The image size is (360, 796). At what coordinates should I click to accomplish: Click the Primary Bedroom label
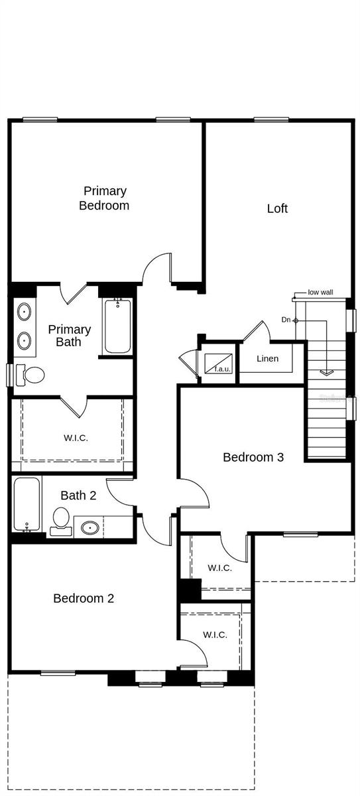click(104, 198)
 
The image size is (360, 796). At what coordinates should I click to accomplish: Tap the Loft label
click(277, 208)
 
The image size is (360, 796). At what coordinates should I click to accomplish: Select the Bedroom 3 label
click(253, 457)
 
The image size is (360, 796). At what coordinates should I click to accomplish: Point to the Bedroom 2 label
click(84, 598)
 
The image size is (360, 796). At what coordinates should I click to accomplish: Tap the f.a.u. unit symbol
click(218, 363)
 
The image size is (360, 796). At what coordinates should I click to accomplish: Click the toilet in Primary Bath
click(30, 375)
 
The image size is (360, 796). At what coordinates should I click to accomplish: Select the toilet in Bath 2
click(61, 520)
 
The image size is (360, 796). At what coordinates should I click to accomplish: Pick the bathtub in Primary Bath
click(118, 327)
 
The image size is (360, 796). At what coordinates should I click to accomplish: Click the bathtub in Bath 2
click(27, 503)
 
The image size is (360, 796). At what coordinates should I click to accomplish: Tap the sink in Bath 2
click(91, 528)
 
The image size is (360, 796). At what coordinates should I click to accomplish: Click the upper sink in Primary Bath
click(24, 310)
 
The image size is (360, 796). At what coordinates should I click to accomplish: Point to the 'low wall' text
click(321, 293)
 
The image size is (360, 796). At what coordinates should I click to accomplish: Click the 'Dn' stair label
click(286, 320)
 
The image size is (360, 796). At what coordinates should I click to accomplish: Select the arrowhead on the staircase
click(327, 372)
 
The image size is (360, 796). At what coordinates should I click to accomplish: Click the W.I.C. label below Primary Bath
click(76, 438)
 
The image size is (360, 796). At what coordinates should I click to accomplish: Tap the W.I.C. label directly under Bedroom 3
click(219, 568)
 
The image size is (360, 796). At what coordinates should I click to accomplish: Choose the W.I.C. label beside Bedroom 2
click(215, 635)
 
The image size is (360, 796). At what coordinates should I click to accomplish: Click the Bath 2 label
click(78, 496)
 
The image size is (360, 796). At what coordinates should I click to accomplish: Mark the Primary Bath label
click(69, 336)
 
